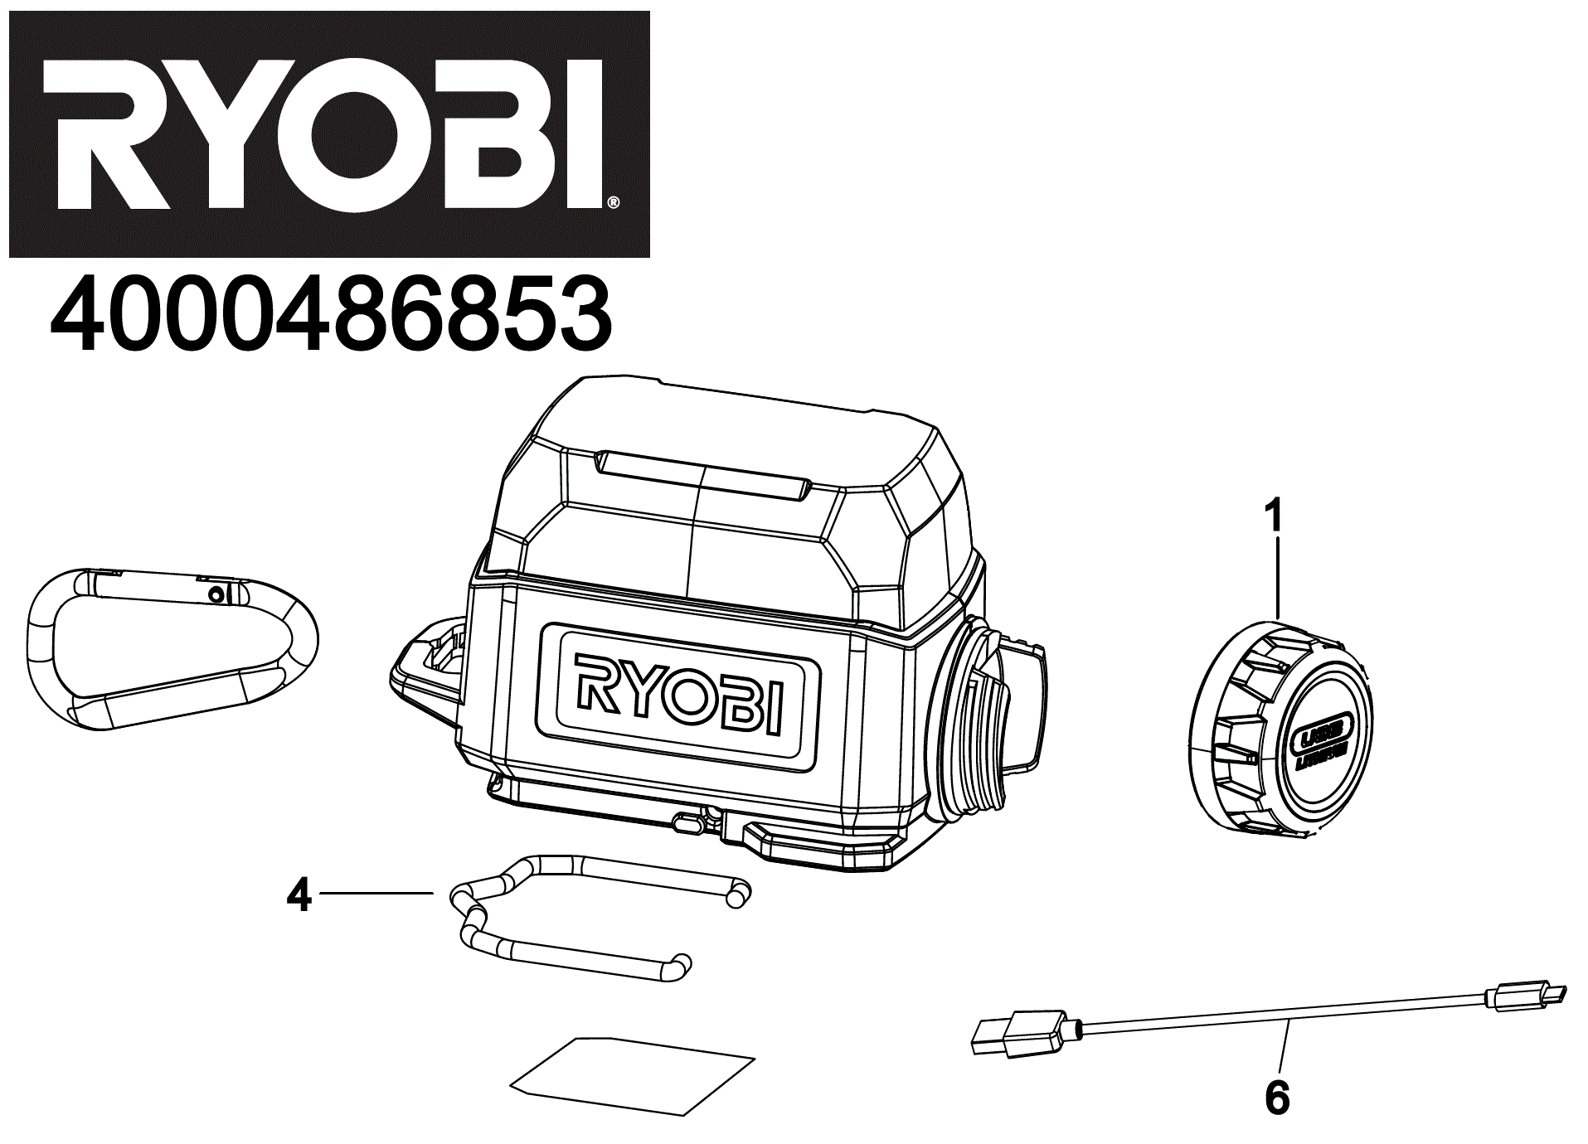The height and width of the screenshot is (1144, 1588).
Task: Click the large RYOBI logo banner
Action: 329,134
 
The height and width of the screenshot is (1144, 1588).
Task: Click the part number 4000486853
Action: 331,315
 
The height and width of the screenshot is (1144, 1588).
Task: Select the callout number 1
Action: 1275,515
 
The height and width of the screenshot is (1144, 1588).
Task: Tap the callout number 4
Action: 299,895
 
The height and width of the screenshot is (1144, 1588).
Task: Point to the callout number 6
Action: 1277,1098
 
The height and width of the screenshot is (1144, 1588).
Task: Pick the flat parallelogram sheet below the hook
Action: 632,1075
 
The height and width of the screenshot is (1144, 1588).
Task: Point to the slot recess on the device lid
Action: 702,476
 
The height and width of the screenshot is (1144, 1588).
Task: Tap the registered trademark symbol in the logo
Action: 613,202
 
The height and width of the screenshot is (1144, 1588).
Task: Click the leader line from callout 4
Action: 376,893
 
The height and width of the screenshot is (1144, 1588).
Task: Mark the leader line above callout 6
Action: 1284,1048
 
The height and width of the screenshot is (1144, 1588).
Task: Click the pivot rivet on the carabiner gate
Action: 216,594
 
